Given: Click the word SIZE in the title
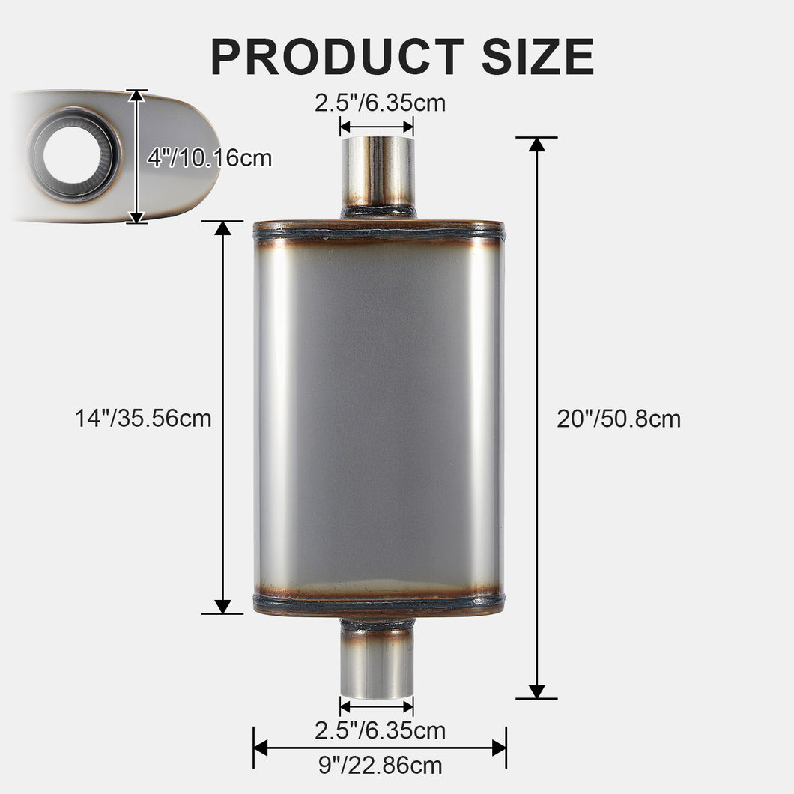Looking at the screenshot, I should tap(538, 56).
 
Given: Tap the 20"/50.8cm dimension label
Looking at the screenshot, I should tap(619, 419).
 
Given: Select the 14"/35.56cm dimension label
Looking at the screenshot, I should tap(143, 418).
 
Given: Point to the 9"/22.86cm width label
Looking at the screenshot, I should tap(379, 766).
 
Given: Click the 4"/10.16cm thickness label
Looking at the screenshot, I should tap(209, 158).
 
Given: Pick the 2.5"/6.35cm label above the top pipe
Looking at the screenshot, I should tap(380, 103).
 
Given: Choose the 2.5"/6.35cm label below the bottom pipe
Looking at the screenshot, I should tap(380, 730).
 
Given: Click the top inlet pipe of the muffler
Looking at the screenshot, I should tap(378, 173).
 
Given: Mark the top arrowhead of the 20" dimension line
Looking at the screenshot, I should tap(536, 145).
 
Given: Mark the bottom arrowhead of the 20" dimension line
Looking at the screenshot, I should tap(536, 691).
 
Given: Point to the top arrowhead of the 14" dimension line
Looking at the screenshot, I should tap(222, 228).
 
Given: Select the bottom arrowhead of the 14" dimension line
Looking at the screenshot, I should tap(222, 606).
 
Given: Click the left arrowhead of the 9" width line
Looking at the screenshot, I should tap(261, 747).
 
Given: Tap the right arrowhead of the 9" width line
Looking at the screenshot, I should tap(498, 747).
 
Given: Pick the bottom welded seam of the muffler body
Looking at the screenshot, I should tap(378, 601).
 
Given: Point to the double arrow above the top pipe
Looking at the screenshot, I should tap(377, 127).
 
